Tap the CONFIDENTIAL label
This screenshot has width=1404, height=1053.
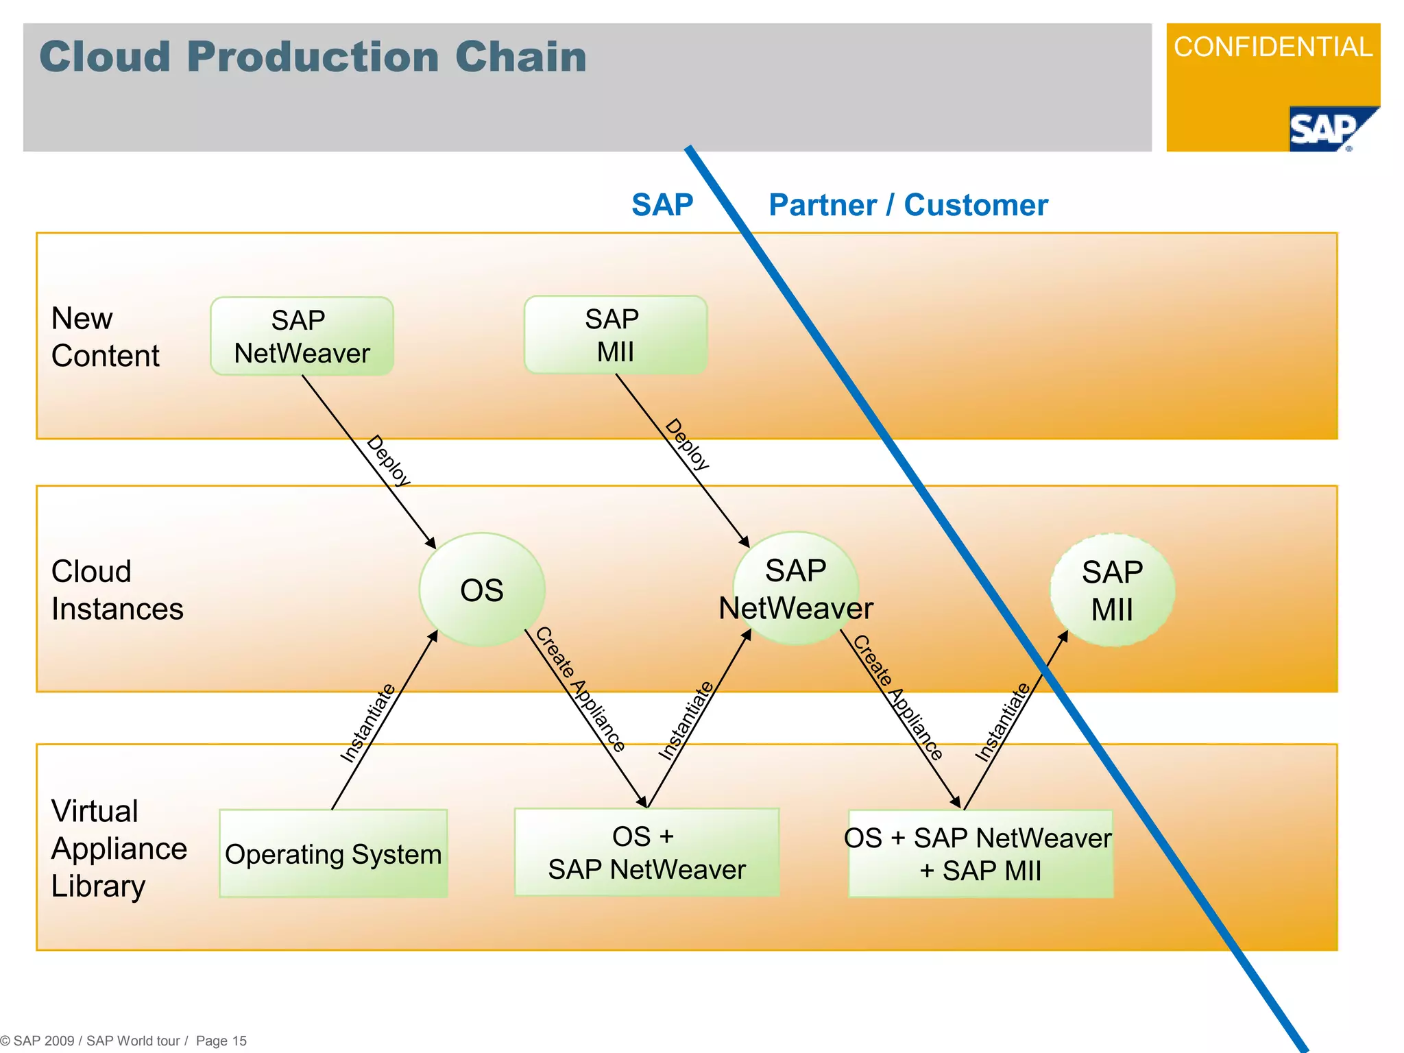(x=1272, y=47)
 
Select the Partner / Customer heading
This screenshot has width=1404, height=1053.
(x=908, y=205)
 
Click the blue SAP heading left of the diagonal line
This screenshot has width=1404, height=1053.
(x=662, y=205)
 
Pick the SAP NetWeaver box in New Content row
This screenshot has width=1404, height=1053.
(x=302, y=336)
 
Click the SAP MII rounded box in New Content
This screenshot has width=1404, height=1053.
(x=615, y=335)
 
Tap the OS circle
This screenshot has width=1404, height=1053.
(x=482, y=590)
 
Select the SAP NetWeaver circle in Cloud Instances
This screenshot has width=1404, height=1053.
(x=796, y=589)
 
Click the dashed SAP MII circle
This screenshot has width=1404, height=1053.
(x=1112, y=590)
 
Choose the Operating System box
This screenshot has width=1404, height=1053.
(x=333, y=854)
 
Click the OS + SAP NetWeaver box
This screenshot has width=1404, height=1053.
(x=646, y=853)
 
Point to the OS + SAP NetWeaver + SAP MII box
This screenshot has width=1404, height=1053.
(x=980, y=854)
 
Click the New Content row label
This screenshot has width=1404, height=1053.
(x=105, y=337)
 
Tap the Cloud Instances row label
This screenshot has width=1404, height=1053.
(x=117, y=590)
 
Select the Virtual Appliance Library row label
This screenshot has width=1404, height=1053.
(x=118, y=848)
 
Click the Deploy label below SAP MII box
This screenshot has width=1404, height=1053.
(x=687, y=444)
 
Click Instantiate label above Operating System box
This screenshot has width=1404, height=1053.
(x=368, y=723)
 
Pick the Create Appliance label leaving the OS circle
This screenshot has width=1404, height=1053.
(x=580, y=689)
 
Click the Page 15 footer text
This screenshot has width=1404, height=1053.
(x=221, y=1041)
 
